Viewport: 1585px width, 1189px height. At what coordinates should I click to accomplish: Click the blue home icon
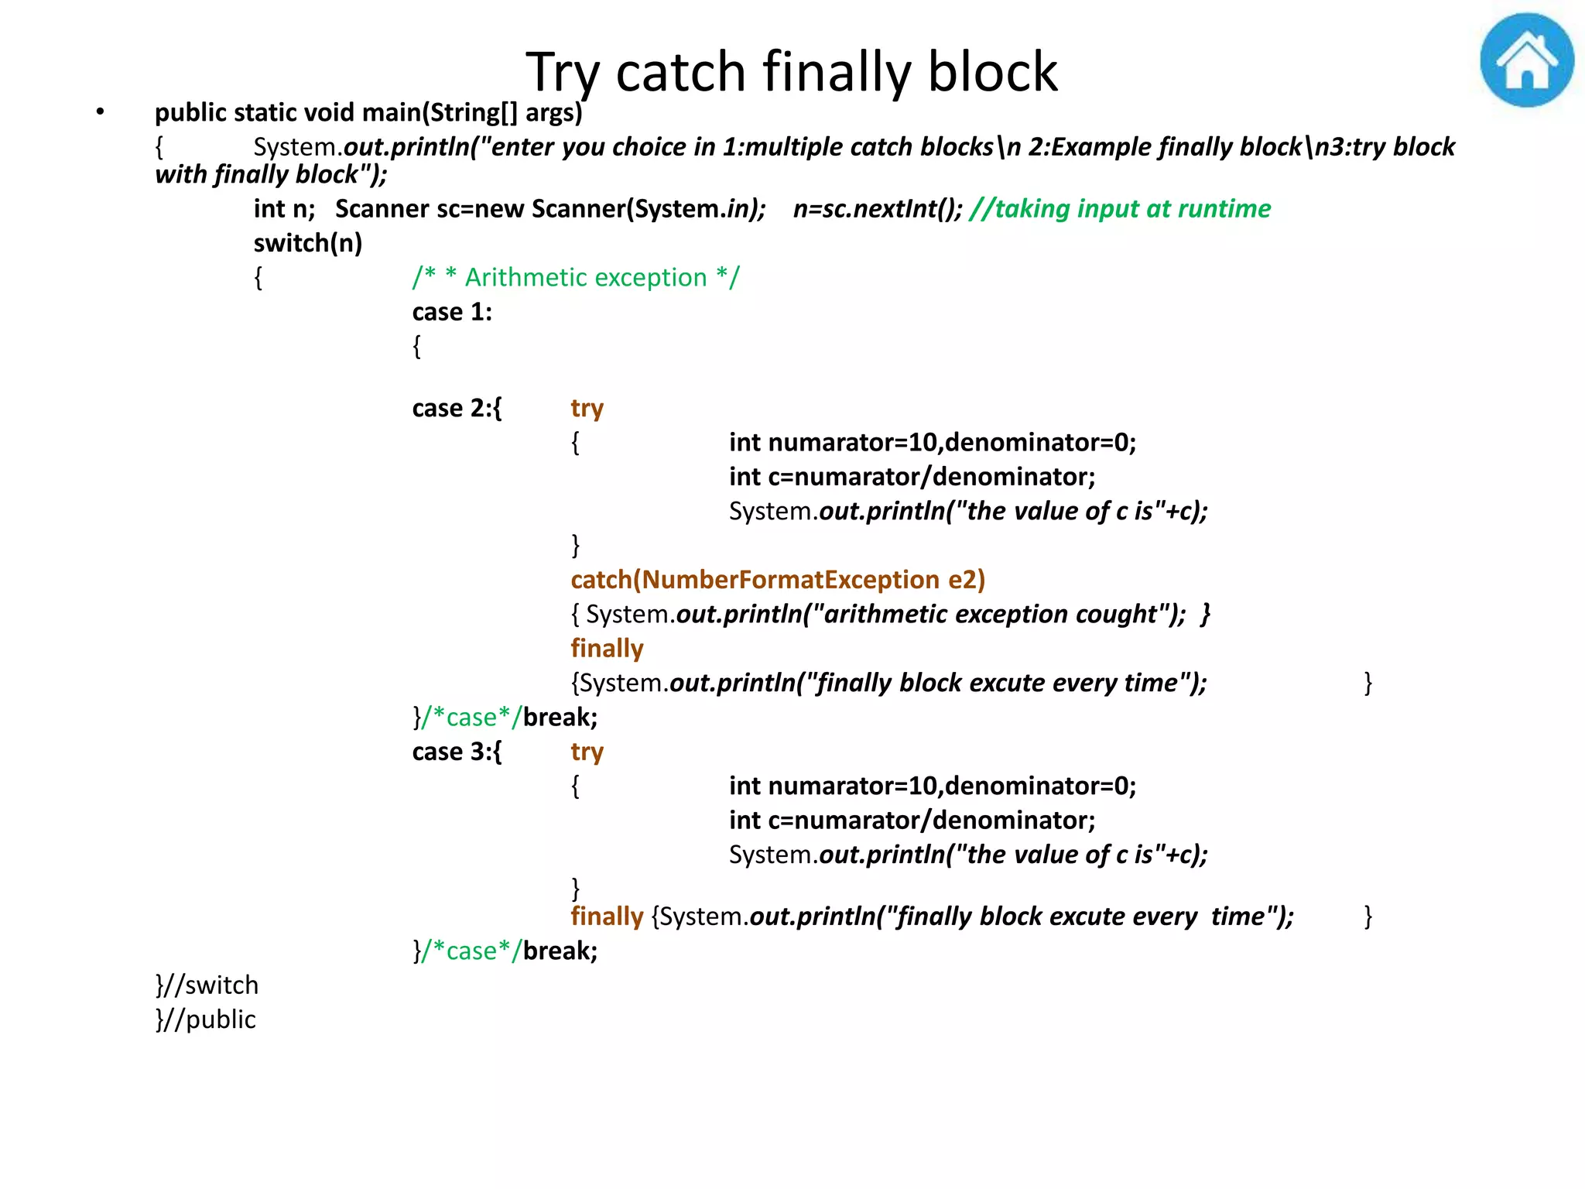pyautogui.click(x=1526, y=60)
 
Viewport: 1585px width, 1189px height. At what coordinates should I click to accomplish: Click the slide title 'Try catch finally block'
pyautogui.click(x=791, y=72)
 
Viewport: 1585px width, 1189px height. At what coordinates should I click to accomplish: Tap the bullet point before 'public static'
pyautogui.click(x=100, y=112)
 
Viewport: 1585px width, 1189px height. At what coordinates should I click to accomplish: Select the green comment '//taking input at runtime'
pyautogui.click(x=1119, y=209)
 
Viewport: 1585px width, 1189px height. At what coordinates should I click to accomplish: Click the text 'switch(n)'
pyautogui.click(x=308, y=244)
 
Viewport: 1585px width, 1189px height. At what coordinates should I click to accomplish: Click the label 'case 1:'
pyautogui.click(x=452, y=312)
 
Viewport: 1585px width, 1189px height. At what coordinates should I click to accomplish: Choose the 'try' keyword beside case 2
pyautogui.click(x=587, y=408)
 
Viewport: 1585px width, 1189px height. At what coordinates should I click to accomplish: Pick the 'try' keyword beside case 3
pyautogui.click(x=587, y=752)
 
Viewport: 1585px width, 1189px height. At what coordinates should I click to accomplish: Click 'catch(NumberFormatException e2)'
pyautogui.click(x=778, y=580)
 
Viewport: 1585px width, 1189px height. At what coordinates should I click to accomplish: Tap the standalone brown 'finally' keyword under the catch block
pyautogui.click(x=607, y=649)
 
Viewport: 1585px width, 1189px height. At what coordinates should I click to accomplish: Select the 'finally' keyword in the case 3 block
pyautogui.click(x=607, y=917)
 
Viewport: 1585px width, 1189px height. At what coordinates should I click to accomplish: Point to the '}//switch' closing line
pyautogui.click(x=207, y=985)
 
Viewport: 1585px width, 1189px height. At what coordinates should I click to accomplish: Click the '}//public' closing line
pyautogui.click(x=205, y=1019)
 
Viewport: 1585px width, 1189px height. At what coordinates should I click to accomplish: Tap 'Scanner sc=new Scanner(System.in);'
pyautogui.click(x=550, y=209)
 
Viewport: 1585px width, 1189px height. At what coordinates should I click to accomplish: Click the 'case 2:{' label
pyautogui.click(x=457, y=408)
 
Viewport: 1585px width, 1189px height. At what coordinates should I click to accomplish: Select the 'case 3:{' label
pyautogui.click(x=457, y=752)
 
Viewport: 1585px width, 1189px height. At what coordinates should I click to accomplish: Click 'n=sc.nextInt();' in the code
pyautogui.click(x=878, y=209)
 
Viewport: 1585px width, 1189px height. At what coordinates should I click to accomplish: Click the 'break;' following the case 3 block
pyautogui.click(x=560, y=951)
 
